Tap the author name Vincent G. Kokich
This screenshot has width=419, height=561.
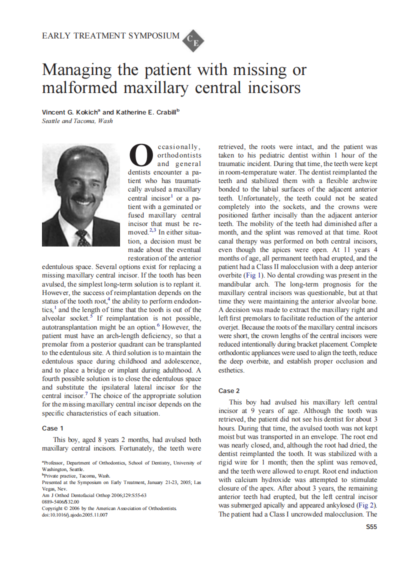coord(70,112)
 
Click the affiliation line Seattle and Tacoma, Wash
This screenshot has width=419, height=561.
coord(77,121)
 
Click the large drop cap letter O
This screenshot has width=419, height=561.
coord(141,155)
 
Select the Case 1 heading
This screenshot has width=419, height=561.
coord(52,428)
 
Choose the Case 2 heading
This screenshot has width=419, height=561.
coord(229,390)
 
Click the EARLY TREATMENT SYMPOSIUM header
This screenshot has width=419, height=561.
coord(110,36)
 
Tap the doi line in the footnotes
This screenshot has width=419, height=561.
coord(74,515)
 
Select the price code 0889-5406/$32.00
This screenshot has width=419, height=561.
coord(60,501)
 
